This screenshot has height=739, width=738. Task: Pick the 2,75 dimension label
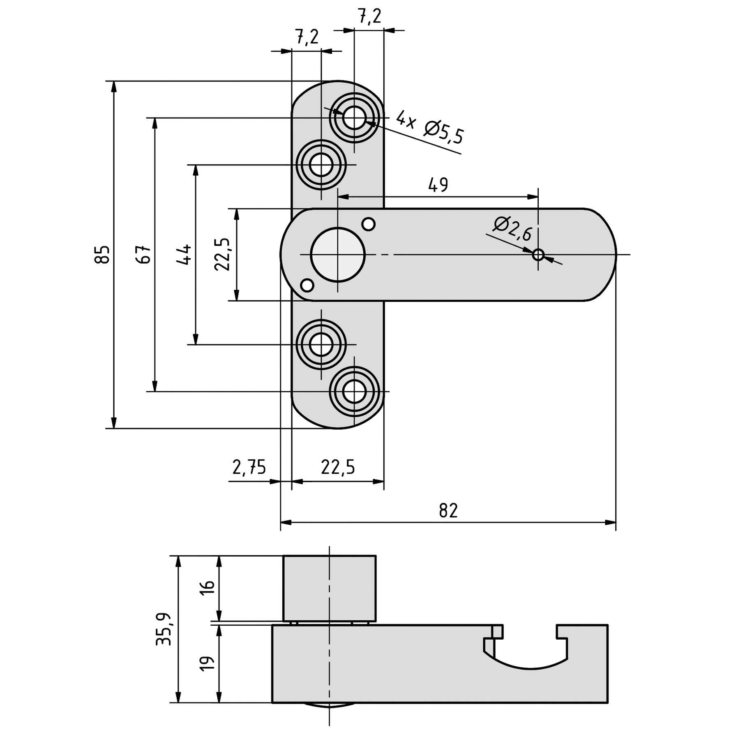249,468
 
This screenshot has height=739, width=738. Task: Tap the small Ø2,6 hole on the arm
538,255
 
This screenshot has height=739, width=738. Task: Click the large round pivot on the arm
337,255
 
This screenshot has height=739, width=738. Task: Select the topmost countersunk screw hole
354,118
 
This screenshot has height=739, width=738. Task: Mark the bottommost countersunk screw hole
354,392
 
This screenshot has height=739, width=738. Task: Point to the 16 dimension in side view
209,587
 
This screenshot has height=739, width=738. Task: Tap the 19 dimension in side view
209,663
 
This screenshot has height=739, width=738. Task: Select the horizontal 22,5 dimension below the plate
338,468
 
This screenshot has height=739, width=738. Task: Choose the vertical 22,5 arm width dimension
222,255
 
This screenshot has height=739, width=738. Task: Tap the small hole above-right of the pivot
369,224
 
